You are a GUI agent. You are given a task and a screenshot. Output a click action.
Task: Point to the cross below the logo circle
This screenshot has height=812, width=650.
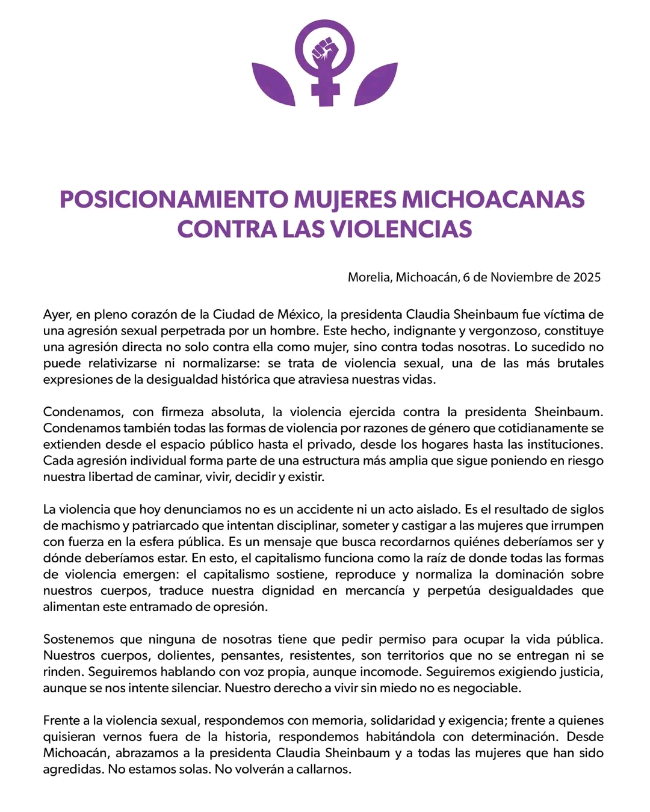(325, 90)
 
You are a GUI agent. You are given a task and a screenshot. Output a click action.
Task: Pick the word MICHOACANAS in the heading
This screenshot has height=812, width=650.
(493, 200)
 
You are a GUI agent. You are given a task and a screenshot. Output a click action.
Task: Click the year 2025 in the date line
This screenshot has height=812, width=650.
(587, 277)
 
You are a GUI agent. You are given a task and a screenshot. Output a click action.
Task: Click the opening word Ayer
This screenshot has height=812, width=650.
(57, 315)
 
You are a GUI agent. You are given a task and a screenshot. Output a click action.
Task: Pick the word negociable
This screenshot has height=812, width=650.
(487, 688)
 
